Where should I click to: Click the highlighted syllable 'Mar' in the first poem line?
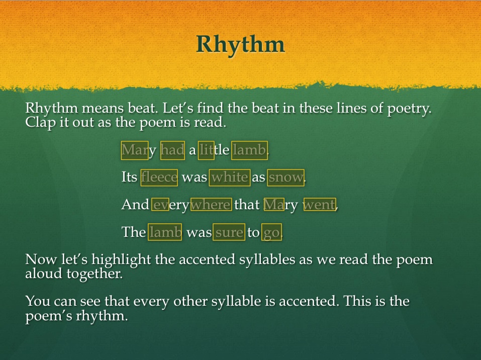[135, 150]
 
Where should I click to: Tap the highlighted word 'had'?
[173, 150]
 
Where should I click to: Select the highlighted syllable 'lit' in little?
[206, 150]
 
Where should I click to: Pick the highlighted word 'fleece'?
[159, 177]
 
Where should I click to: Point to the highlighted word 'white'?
[230, 177]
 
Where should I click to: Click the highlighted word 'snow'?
[286, 177]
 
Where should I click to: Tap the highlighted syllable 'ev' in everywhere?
[160, 205]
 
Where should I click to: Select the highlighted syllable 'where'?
[211, 205]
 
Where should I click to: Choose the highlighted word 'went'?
[320, 205]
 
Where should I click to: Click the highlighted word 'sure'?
[229, 232]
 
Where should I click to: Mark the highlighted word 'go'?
[271, 232]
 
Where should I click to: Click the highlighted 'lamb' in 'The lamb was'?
[165, 232]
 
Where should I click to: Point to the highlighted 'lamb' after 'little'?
[249, 150]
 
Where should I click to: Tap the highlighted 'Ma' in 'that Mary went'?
[274, 205]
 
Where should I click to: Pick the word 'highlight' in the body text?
[121, 260]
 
